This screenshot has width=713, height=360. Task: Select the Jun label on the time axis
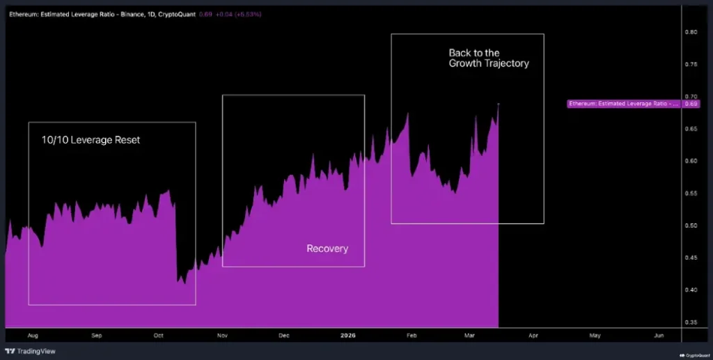[658, 336]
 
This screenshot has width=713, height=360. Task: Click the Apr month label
[533, 336]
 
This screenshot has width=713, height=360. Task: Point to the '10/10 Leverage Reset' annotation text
[90, 140]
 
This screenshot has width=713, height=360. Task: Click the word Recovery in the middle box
[327, 249]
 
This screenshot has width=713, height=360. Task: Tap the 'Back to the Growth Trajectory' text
[488, 58]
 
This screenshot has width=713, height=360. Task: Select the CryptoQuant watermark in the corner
[695, 354]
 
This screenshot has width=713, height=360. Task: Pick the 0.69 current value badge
[691, 104]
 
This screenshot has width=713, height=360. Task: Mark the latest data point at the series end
[499, 104]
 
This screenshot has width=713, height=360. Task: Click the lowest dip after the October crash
[184, 283]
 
